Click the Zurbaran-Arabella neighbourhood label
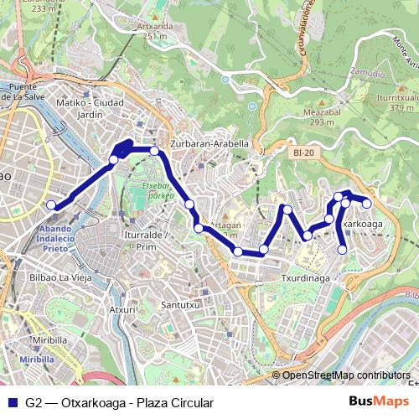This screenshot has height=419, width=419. point(209,143)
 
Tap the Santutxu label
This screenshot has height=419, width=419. point(180,305)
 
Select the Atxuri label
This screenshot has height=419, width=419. point(123,309)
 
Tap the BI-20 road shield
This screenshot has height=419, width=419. point(303,153)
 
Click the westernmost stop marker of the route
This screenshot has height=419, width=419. point(51,205)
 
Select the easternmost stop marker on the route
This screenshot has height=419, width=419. point(366,203)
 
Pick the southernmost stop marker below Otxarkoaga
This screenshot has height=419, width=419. point(342,249)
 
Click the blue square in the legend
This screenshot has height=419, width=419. point(12,403)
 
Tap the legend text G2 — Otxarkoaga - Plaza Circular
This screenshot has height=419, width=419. point(119,403)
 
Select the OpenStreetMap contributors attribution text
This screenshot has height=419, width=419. point(345,375)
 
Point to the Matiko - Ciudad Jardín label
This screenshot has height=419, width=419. point(90,108)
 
